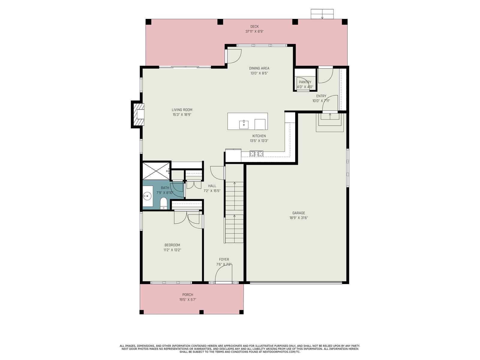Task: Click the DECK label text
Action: pos(254,27)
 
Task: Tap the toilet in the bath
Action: pos(163,203)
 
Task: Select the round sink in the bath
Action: pos(148,196)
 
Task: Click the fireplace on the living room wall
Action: pos(138,114)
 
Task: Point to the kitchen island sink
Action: pos(244,124)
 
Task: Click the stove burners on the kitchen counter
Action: pos(256,154)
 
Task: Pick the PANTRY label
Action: pos(305,82)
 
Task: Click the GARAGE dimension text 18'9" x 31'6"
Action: pos(298,218)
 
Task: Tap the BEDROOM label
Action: pos(172,245)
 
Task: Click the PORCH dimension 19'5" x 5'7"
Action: pos(187,300)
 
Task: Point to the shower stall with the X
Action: pos(156,171)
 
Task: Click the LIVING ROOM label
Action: pos(182,110)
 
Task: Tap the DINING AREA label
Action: pos(259,68)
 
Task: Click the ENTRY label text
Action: pos(321,96)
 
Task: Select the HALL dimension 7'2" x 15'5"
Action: pos(212,190)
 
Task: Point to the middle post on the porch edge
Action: pos(201,312)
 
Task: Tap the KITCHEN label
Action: pos(259,136)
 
